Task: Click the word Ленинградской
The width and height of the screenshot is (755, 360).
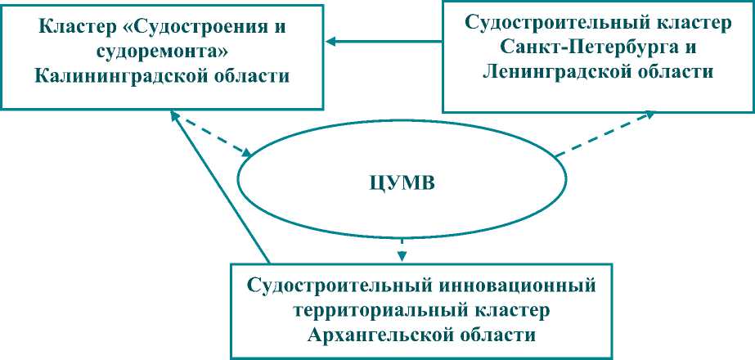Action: pyautogui.click(x=564, y=72)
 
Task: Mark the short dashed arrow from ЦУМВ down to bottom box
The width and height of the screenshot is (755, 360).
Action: pyautogui.click(x=401, y=248)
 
